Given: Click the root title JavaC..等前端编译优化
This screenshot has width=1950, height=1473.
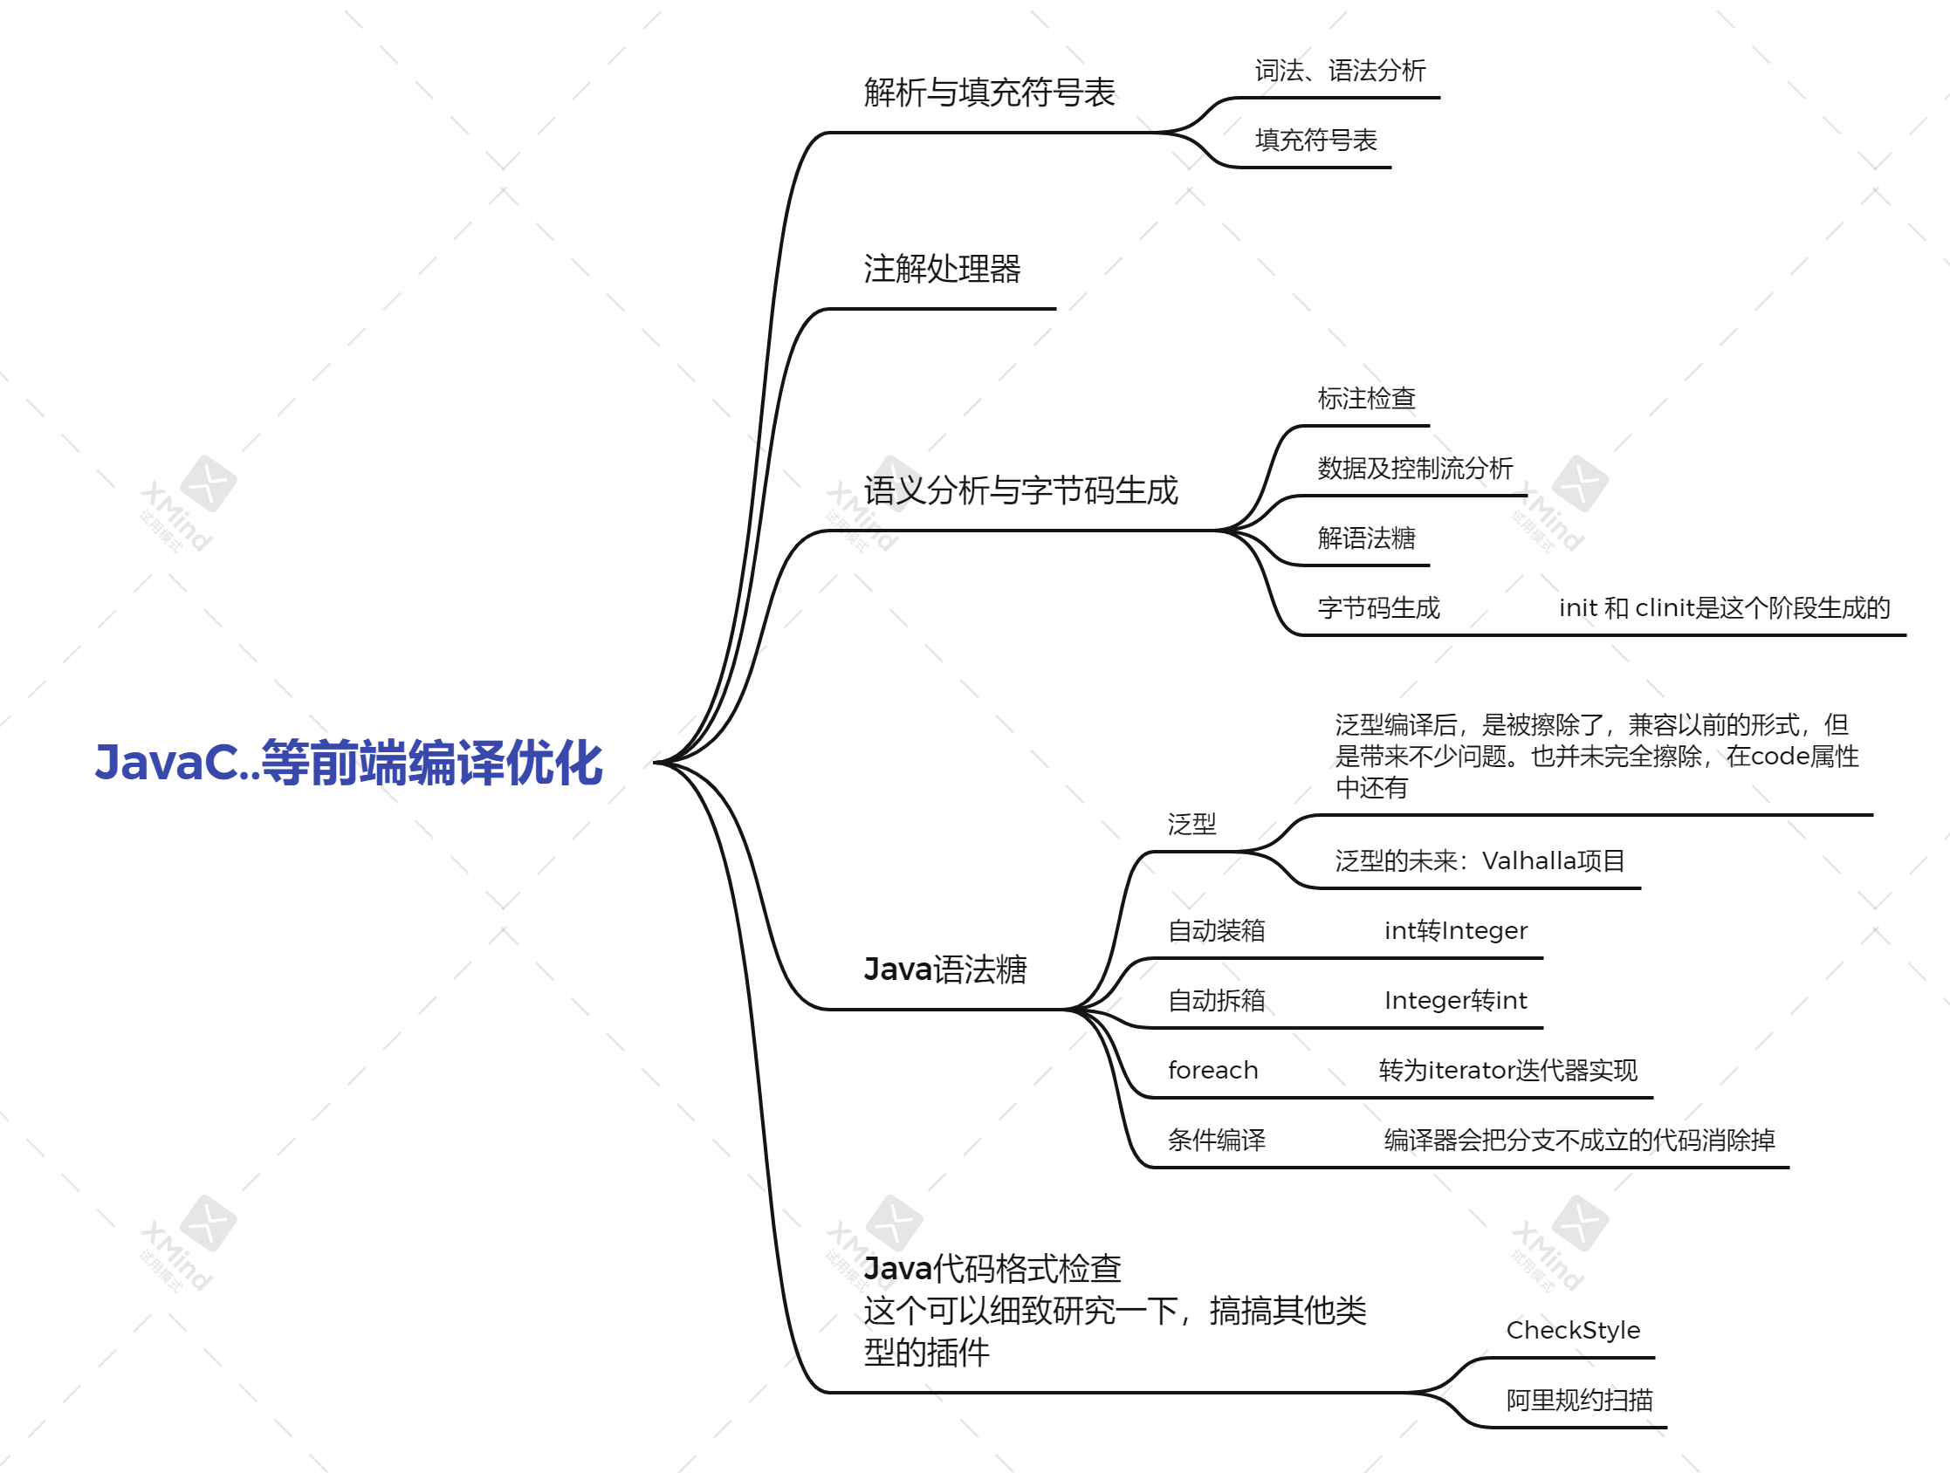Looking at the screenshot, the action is click(x=349, y=763).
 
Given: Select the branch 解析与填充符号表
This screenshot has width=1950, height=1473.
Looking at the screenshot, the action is click(x=989, y=92).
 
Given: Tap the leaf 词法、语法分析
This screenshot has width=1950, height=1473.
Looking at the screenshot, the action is click(x=1340, y=71).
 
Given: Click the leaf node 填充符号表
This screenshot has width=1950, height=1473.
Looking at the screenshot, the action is click(x=1315, y=140).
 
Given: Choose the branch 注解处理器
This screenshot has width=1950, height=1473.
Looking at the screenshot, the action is click(x=942, y=269).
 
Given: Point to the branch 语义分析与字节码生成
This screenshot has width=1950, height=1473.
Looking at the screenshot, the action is click(x=1020, y=490).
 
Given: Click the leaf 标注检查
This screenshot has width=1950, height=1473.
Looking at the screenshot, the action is click(x=1365, y=399).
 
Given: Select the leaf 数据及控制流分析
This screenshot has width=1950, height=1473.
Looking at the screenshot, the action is click(x=1415, y=468).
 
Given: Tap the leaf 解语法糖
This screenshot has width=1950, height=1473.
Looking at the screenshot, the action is click(x=1365, y=538).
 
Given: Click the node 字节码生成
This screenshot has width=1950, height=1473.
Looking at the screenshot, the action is click(x=1378, y=607).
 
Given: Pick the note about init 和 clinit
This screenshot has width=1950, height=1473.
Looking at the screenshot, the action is click(x=1724, y=607).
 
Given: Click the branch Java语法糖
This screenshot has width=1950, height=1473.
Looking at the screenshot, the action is click(x=945, y=969).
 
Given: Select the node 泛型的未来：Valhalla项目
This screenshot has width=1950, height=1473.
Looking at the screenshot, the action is click(x=1480, y=860).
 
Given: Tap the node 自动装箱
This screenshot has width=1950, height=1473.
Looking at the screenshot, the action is click(x=1217, y=930).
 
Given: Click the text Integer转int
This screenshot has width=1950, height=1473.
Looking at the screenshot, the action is click(x=1455, y=1000).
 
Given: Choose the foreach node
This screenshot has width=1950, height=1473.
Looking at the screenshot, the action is click(x=1213, y=1070).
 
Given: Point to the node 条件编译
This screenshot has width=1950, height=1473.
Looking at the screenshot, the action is click(x=1217, y=1140).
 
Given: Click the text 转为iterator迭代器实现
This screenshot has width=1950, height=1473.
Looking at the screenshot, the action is click(x=1507, y=1070).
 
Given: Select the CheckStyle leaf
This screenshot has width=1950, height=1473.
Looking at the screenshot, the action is click(x=1573, y=1330).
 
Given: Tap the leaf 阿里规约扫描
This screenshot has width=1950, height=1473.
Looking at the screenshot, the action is click(x=1579, y=1400).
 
